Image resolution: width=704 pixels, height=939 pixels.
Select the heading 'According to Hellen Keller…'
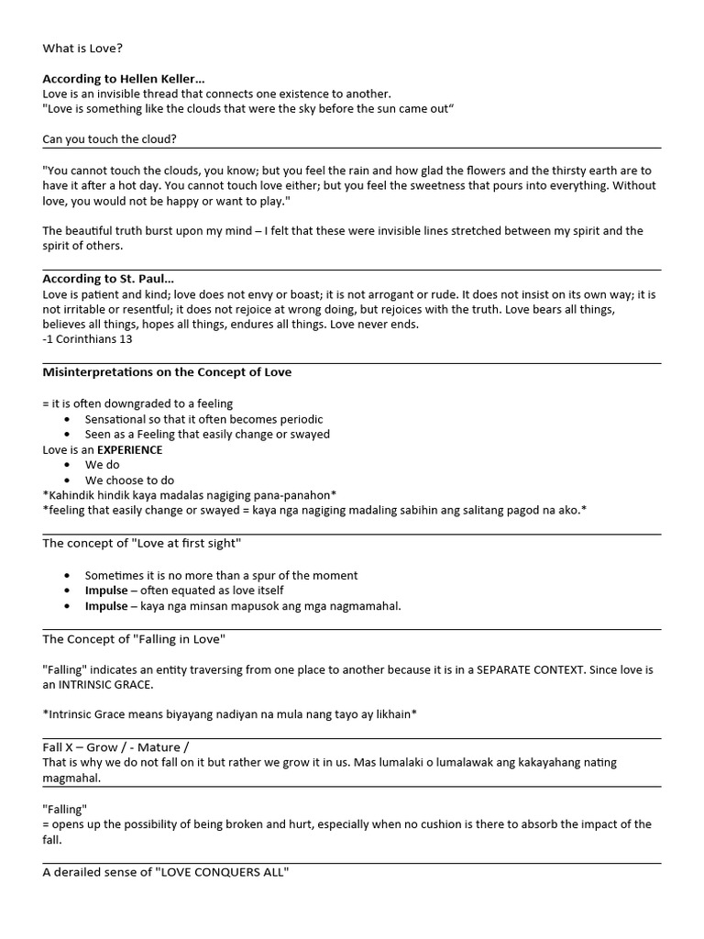pos(124,79)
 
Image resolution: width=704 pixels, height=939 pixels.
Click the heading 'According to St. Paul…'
pos(108,279)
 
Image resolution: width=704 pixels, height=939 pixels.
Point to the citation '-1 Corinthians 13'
pos(87,339)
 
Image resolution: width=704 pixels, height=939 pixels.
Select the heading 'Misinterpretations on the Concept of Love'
pos(167,372)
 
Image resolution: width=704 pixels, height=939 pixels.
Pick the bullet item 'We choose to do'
pos(129,480)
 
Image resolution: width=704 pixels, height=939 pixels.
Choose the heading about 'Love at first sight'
pos(141,543)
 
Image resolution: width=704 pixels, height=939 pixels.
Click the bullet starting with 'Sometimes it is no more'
pos(221,575)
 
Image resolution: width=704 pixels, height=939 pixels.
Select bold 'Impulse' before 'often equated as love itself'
pos(106,591)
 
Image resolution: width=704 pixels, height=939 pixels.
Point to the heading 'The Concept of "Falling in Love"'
pos(134,638)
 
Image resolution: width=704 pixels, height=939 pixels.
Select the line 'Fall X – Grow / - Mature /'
pos(115,747)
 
